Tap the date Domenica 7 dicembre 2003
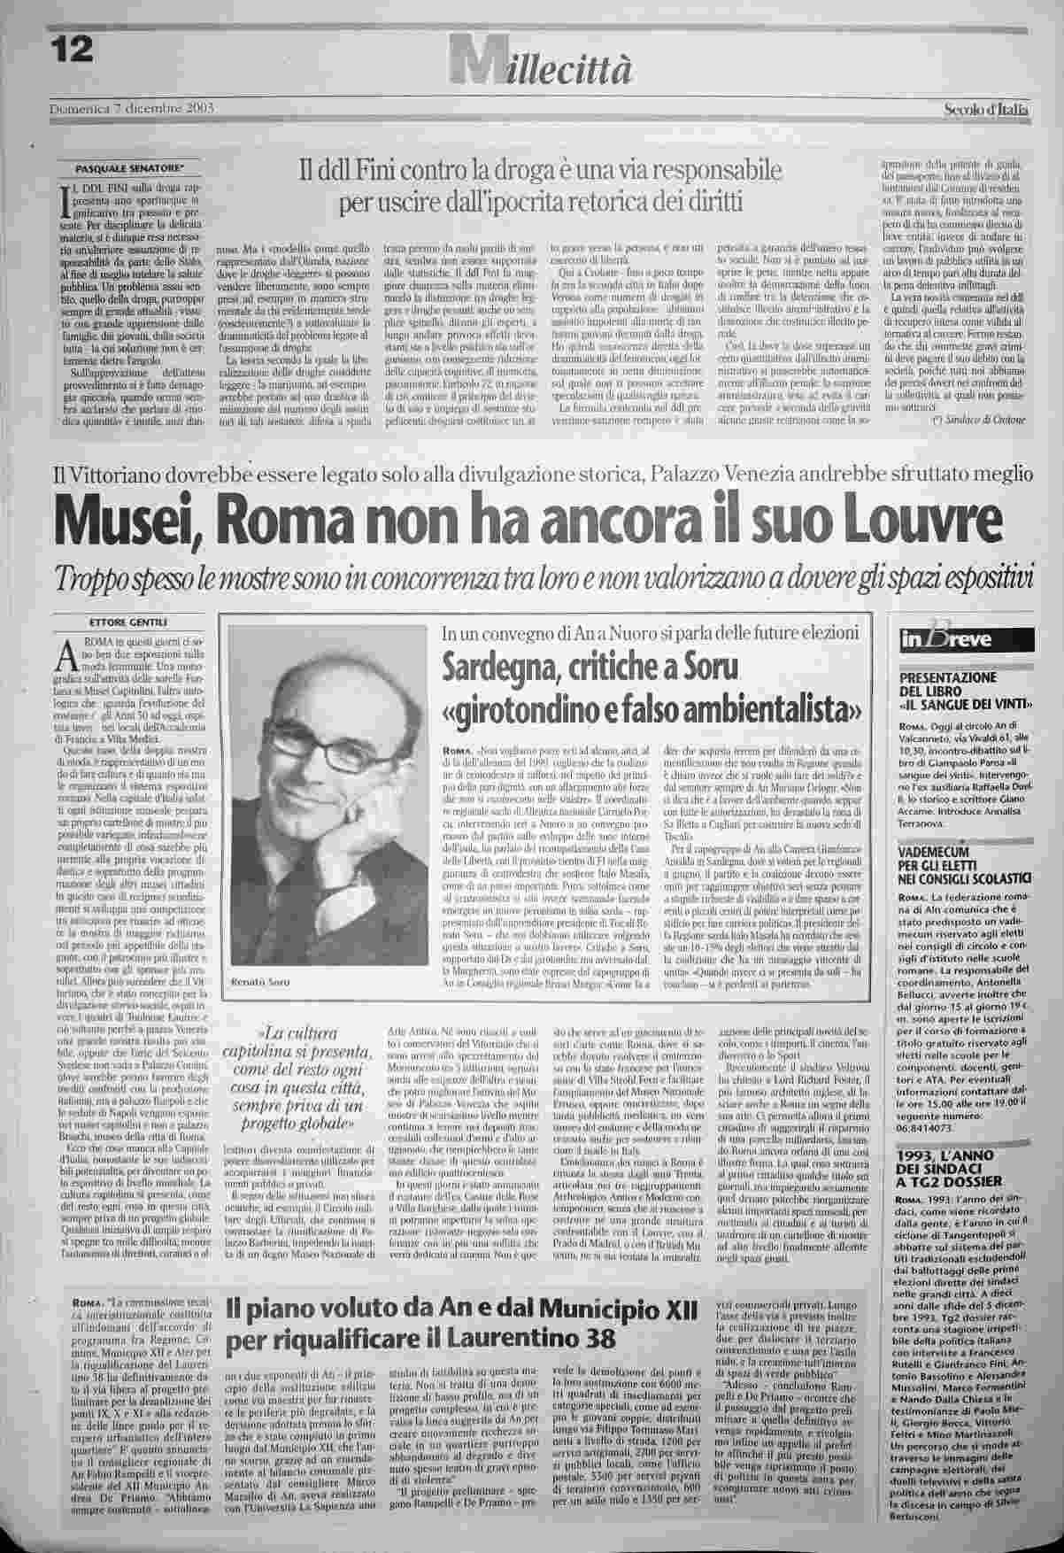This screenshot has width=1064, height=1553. tap(132, 109)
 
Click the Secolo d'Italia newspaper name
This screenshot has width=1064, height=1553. tap(984, 111)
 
